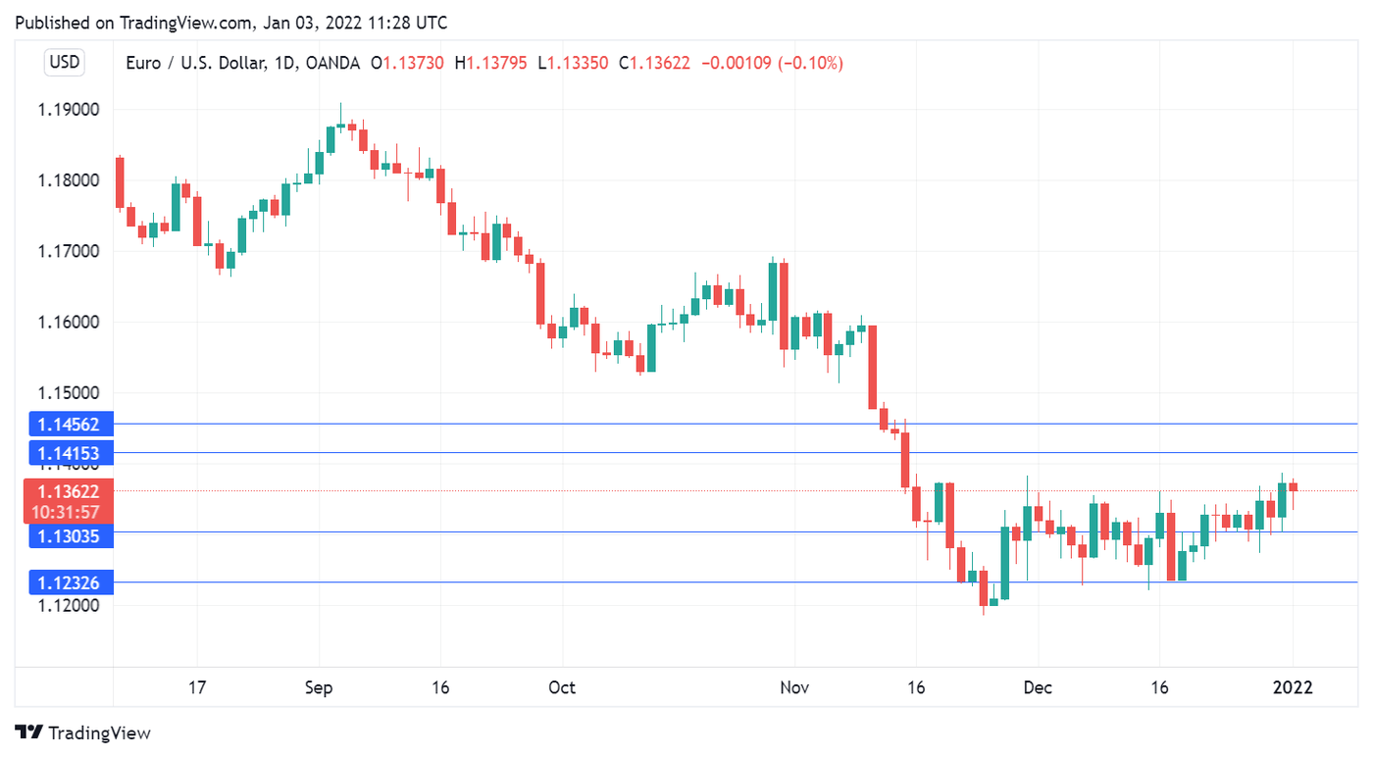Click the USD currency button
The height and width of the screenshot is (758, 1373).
tap(65, 63)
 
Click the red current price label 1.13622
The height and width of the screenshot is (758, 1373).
tap(68, 491)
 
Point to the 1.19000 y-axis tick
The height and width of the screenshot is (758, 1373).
tap(69, 110)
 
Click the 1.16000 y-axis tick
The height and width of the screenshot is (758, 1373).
tap(69, 323)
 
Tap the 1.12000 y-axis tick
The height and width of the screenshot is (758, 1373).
tap(69, 606)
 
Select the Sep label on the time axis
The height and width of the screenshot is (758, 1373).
tap(319, 687)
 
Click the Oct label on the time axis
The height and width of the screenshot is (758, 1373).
tap(562, 687)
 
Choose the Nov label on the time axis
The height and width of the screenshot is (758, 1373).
tap(794, 687)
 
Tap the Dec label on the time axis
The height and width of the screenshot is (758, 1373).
tap(1038, 687)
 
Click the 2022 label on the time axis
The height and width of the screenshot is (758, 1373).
tap(1293, 687)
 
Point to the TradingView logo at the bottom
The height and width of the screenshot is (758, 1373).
tap(83, 733)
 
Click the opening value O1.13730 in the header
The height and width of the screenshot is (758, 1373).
tap(407, 63)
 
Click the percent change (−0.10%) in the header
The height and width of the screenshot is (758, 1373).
tap(809, 63)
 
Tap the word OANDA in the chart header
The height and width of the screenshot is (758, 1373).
tap(332, 63)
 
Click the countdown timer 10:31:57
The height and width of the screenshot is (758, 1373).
tap(66, 512)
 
